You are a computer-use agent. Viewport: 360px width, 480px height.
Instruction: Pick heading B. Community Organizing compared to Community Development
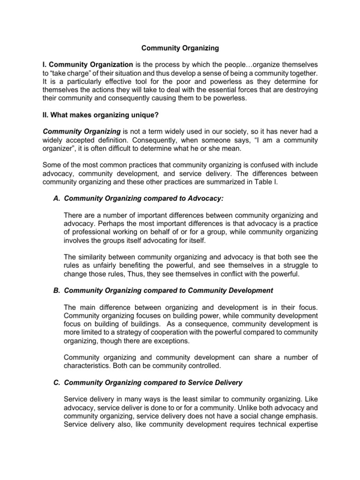168,291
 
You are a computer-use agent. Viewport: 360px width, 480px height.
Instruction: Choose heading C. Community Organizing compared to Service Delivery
153,382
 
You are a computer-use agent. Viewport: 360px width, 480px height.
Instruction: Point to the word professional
93,232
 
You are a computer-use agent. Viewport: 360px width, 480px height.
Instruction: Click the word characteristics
87,366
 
